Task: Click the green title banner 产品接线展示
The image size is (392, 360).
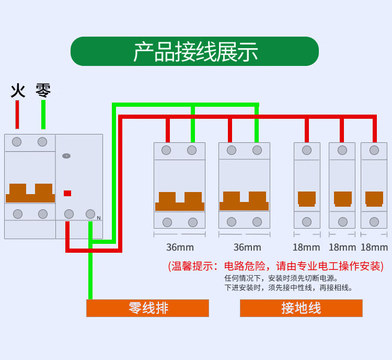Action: [194, 51]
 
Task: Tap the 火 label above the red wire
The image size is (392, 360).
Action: [18, 91]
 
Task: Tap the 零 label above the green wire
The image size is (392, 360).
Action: [43, 91]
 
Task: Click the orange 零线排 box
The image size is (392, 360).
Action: [147, 308]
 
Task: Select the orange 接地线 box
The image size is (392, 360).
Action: [301, 308]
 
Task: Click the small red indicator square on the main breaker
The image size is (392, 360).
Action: [67, 193]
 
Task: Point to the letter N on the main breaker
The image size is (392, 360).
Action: [98, 217]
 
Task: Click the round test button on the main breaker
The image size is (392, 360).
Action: [66, 156]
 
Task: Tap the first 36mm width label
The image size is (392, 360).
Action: [180, 247]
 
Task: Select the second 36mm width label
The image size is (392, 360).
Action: [247, 247]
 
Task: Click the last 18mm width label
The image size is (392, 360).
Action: [374, 247]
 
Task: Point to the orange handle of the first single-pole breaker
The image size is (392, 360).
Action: [307, 198]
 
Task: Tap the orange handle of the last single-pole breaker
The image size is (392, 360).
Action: [374, 198]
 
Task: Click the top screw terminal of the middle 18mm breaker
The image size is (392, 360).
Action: [342, 150]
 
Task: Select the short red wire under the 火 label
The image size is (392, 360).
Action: [17, 114]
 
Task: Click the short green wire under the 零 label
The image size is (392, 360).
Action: [43, 114]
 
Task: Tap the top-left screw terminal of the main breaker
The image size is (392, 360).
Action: [17, 142]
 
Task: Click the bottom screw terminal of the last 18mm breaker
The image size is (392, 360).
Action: [374, 222]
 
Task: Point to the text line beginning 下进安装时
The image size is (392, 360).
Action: [289, 287]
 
